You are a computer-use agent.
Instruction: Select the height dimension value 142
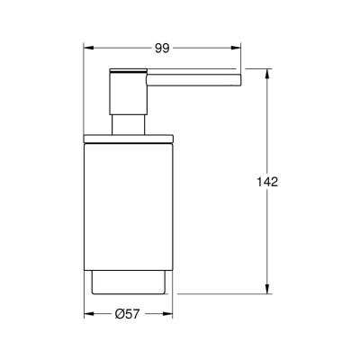point(267,181)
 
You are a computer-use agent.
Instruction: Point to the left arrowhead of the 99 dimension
point(88,46)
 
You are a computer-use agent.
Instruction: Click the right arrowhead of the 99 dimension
point(238,46)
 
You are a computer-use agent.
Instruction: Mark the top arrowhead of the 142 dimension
point(267,71)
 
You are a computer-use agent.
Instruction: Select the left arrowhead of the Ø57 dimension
point(88,315)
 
